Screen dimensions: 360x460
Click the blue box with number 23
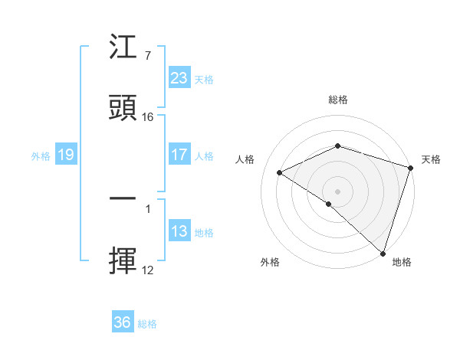tap(179, 78)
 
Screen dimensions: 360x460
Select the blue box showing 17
tap(179, 155)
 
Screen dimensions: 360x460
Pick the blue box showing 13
tap(179, 232)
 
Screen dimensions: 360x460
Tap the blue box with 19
tap(65, 155)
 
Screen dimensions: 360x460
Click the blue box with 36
tap(122, 322)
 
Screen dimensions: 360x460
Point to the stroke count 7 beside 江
tap(147, 56)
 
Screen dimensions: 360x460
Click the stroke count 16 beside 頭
tap(148, 117)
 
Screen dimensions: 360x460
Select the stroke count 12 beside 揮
tap(148, 270)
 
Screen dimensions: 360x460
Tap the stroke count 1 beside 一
tap(147, 208)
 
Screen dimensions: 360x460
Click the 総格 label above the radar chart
tap(337, 100)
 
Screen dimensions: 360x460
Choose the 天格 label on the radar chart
tap(431, 159)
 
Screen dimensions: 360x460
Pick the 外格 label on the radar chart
tap(270, 262)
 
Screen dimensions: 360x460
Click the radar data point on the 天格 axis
tap(411, 168)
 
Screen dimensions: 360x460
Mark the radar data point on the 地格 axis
tap(383, 253)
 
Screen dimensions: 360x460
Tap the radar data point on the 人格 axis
tap(280, 172)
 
